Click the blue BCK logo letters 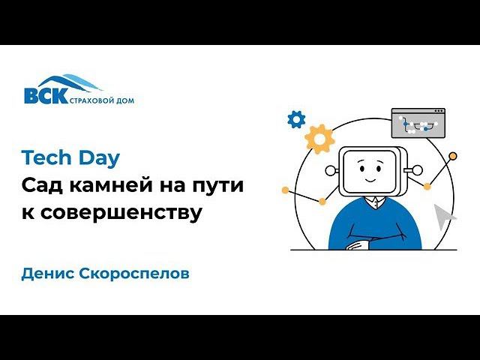(x=45, y=96)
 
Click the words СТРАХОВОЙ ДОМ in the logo (x=102, y=100)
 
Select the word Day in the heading (x=98, y=158)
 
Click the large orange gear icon (x=319, y=139)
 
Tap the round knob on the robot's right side (x=409, y=170)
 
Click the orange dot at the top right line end (x=453, y=156)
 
